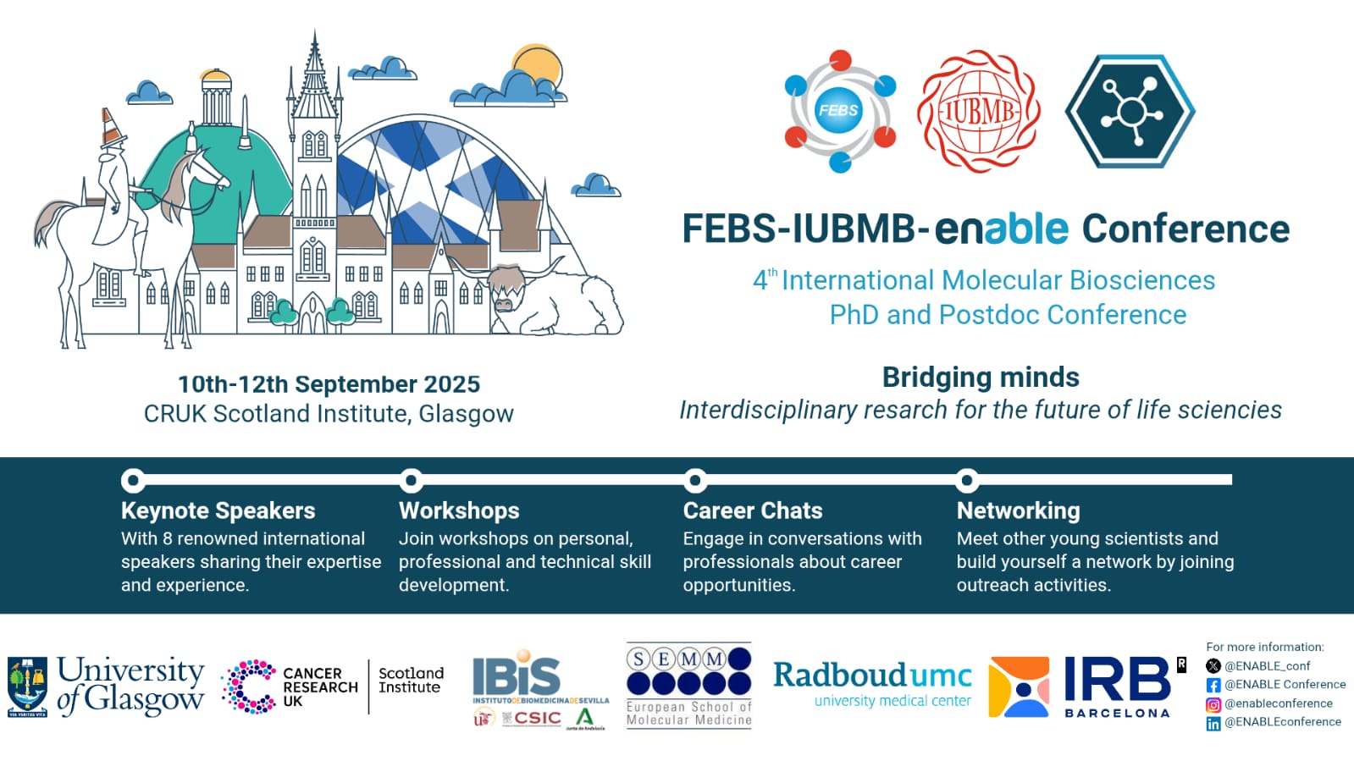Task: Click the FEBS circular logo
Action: pyautogui.click(x=838, y=110)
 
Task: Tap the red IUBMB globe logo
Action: pyautogui.click(x=979, y=111)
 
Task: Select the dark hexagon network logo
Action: pyautogui.click(x=1130, y=111)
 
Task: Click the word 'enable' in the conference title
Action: pyautogui.click(x=1002, y=229)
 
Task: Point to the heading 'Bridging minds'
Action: pyautogui.click(x=981, y=377)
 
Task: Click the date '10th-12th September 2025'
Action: pyautogui.click(x=329, y=384)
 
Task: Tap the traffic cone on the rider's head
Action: pyautogui.click(x=112, y=128)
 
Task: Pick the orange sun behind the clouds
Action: pyautogui.click(x=539, y=67)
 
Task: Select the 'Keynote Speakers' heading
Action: pyautogui.click(x=218, y=510)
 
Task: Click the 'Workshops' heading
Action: pyautogui.click(x=459, y=510)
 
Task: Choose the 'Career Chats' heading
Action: pyautogui.click(x=753, y=510)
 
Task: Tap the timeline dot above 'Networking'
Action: pyautogui.click(x=966, y=481)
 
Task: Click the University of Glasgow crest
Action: pyautogui.click(x=27, y=687)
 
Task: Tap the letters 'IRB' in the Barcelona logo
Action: pyautogui.click(x=1116, y=680)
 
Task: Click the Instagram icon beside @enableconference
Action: pyautogui.click(x=1213, y=703)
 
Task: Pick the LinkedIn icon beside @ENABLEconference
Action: pyautogui.click(x=1213, y=723)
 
